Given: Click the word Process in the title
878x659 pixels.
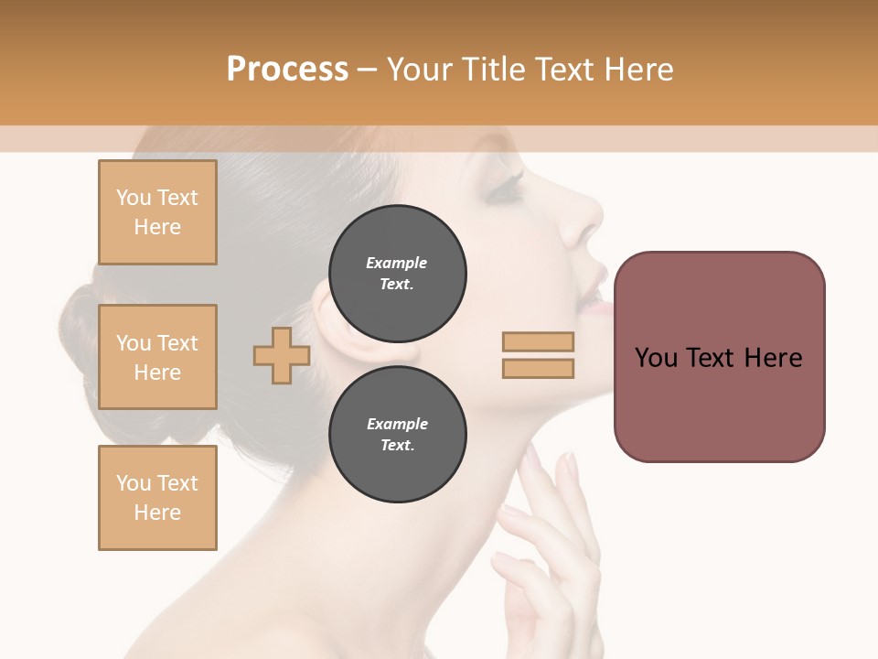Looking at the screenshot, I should pos(287,69).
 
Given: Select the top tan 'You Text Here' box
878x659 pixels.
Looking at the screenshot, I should pos(157,212).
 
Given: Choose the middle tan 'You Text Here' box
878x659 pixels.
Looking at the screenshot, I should pos(157,357).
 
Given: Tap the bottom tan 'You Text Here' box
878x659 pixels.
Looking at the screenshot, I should pos(157,497).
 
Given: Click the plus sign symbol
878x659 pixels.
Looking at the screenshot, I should pos(281,355).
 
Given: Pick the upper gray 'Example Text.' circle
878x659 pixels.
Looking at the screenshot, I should pos(397,273).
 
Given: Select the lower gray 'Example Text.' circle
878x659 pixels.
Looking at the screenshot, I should pos(397,434).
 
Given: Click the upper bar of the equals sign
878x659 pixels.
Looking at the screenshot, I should pos(538,341).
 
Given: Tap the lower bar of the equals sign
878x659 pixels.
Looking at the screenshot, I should pos(538,368).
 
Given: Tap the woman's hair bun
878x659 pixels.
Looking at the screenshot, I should pos(82,329).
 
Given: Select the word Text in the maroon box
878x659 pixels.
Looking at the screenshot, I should pos(711,357).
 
